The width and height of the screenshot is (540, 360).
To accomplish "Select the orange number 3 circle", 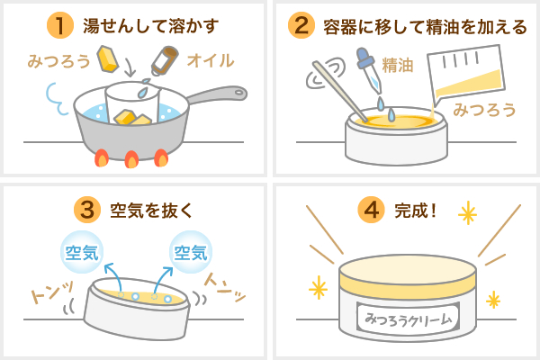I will [x=89, y=210].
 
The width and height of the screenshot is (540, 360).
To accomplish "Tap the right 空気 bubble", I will [x=189, y=249].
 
